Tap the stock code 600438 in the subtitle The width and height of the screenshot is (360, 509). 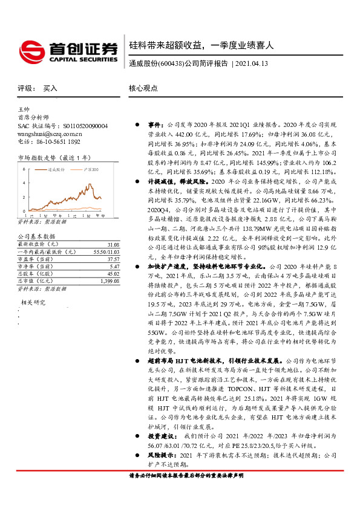pos(168,63)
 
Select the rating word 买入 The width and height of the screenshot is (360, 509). pos(50,88)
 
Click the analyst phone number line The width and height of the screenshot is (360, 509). pos(49,141)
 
